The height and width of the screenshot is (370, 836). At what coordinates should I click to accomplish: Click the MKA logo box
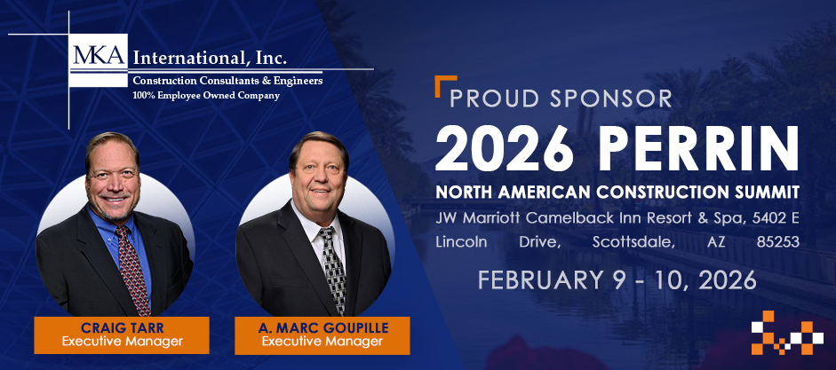(x=99, y=54)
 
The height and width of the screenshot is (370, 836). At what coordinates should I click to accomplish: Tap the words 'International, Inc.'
(x=209, y=59)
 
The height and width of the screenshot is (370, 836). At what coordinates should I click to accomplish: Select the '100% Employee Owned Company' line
(x=206, y=95)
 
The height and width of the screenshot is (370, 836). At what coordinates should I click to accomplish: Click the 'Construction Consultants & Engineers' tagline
(x=227, y=81)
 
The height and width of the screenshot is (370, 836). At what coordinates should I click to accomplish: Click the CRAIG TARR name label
(x=121, y=326)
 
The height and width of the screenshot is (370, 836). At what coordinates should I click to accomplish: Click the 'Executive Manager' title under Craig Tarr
(x=121, y=341)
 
